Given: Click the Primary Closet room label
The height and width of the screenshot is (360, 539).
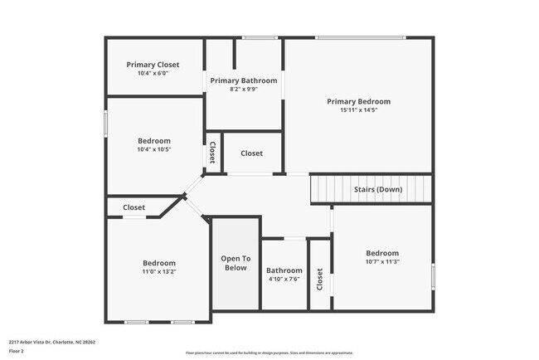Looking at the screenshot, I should pos(153,65).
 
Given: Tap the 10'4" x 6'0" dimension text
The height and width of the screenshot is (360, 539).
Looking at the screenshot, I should pos(153,73).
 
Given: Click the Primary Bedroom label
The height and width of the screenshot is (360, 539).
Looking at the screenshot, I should pos(358,101).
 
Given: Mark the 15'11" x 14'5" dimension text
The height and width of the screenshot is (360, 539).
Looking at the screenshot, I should pos(358,109).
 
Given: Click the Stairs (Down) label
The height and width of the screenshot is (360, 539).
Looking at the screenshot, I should pos(377,189).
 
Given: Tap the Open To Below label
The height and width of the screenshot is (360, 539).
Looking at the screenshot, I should pos(235,263).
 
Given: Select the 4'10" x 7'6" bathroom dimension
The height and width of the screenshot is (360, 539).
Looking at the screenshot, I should pos(284,279).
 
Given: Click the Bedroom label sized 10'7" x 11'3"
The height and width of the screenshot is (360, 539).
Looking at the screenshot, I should pos(382,253).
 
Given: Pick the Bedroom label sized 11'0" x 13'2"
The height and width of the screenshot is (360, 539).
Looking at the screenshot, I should pos(158,262).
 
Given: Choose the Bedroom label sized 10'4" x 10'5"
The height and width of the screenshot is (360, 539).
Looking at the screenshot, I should pos(154,141).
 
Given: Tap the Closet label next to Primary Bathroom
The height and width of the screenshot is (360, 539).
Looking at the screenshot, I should pos(251,153).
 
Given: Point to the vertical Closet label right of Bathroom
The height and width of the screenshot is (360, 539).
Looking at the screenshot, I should pos(320,279).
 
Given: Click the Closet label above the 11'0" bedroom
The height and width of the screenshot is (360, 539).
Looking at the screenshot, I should pos(134,207).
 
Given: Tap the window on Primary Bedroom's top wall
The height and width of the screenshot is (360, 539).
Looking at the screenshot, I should pos(361,37).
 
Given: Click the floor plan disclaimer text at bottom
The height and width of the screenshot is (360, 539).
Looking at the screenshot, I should pos(269,353).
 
